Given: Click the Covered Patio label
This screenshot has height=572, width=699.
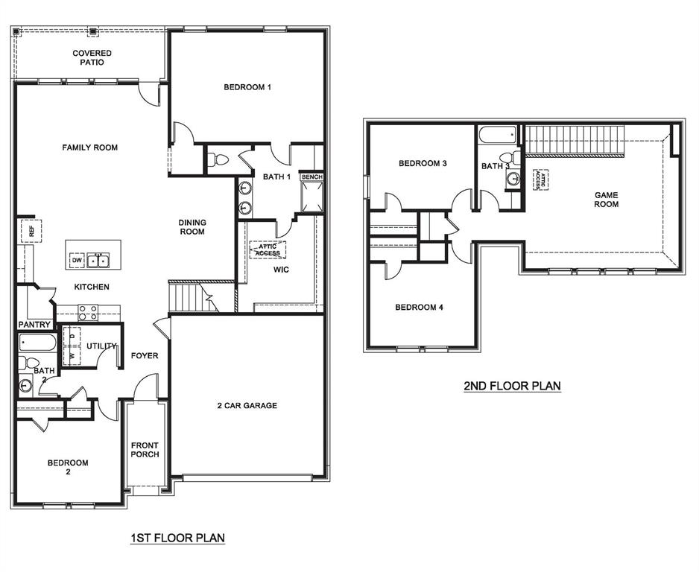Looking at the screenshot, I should click(x=92, y=57).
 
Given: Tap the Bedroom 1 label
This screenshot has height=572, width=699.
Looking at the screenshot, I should click(x=247, y=87).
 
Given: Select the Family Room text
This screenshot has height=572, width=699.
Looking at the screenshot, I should click(x=89, y=147).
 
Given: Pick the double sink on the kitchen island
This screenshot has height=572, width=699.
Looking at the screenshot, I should click(x=98, y=260).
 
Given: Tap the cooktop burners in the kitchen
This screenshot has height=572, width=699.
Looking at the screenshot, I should click(x=88, y=313).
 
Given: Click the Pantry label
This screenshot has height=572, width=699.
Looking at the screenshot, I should click(x=34, y=325).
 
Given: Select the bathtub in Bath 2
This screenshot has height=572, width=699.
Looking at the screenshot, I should click(x=37, y=343).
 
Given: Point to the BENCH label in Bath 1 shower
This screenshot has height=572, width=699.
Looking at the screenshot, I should click(x=311, y=177).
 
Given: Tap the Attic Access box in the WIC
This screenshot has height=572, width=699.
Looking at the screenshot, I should click(x=268, y=250).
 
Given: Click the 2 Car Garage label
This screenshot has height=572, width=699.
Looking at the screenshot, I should click(x=247, y=405).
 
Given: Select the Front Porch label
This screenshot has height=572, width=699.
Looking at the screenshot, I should click(x=145, y=450).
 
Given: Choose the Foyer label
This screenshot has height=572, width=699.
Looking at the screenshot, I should click(x=145, y=355).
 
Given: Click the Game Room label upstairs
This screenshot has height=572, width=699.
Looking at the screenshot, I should click(x=606, y=200).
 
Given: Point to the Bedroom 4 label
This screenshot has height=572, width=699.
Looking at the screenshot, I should click(x=419, y=307).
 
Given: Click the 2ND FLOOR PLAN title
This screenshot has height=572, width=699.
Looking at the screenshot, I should click(x=512, y=386).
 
